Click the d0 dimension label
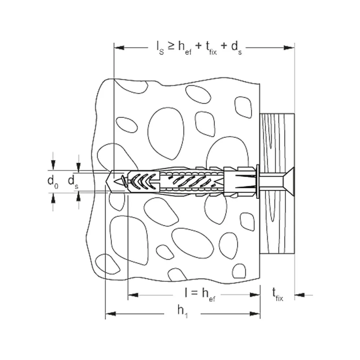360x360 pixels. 53,181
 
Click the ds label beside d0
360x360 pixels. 73,181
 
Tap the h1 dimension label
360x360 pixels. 183,311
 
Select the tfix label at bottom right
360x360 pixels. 278,294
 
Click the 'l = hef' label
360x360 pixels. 200,294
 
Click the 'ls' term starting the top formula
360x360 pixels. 160,48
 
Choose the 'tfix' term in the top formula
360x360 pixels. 211,48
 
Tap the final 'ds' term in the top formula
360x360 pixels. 237,48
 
